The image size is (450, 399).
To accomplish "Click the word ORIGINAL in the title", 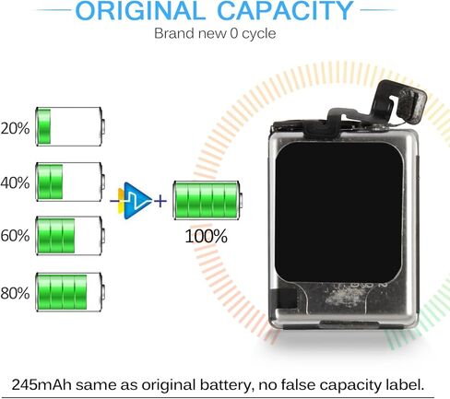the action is click(x=140, y=10).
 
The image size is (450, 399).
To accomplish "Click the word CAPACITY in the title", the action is click(x=285, y=10).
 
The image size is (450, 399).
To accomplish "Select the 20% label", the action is click(x=15, y=128).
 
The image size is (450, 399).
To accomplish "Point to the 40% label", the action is click(x=15, y=182).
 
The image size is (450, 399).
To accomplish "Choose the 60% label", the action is click(x=15, y=236).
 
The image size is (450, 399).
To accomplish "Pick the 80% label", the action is click(x=15, y=293).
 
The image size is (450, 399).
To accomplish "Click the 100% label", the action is click(x=206, y=237).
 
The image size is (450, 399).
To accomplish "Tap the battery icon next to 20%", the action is click(x=70, y=126).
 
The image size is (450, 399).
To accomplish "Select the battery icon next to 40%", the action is click(x=70, y=182).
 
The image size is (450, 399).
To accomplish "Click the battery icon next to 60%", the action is click(x=70, y=236).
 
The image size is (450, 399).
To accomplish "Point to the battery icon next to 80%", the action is click(x=70, y=292).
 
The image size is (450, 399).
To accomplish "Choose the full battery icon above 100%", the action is click(x=207, y=200).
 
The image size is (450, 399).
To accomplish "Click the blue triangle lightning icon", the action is click(x=136, y=201).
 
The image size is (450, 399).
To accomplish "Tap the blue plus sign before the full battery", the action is click(x=160, y=202).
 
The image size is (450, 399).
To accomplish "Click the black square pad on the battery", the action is click(x=338, y=212).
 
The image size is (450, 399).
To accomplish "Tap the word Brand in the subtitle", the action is click(x=174, y=33).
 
